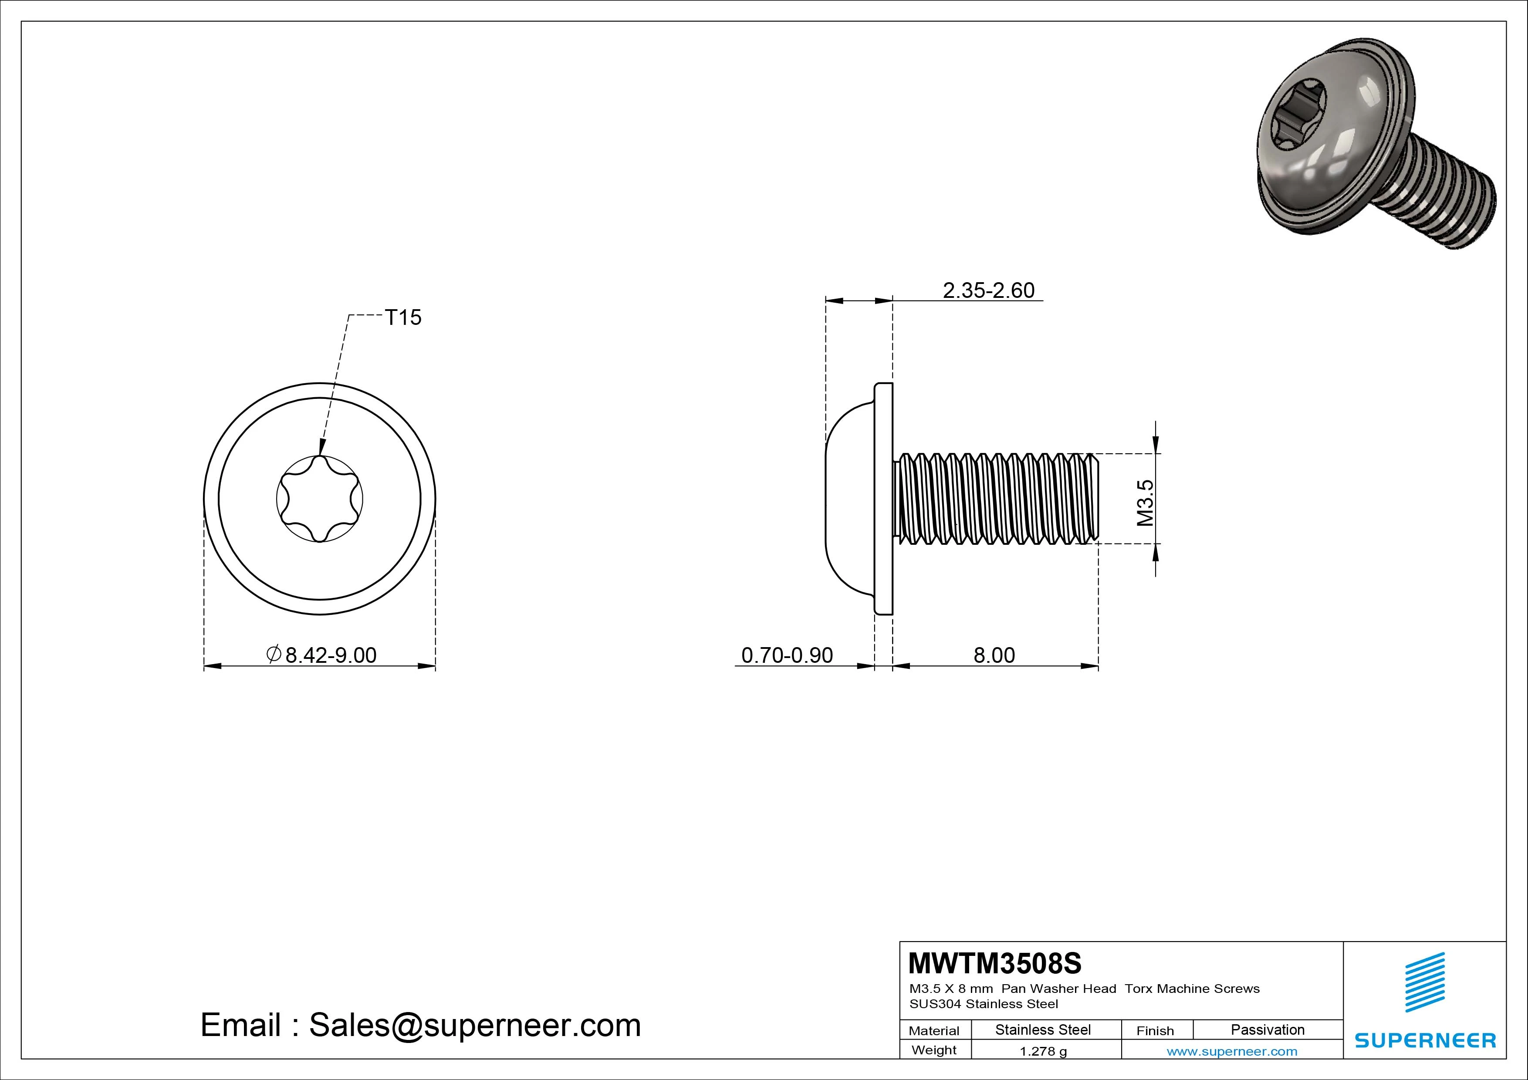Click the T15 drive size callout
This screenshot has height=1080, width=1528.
tap(403, 317)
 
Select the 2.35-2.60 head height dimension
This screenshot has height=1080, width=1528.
tap(988, 291)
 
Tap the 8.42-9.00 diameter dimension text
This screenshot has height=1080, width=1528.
tap(330, 655)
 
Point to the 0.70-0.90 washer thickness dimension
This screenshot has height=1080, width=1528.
tap(787, 655)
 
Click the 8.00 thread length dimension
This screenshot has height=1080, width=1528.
tap(994, 655)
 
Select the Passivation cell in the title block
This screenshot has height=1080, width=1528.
tap(1267, 1029)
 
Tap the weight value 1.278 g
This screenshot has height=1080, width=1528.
tap(1043, 1051)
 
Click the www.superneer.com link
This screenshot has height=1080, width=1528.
tap(1232, 1051)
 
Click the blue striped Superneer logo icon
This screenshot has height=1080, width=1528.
tap(1425, 982)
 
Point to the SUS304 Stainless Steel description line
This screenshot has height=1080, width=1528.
tap(984, 1004)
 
